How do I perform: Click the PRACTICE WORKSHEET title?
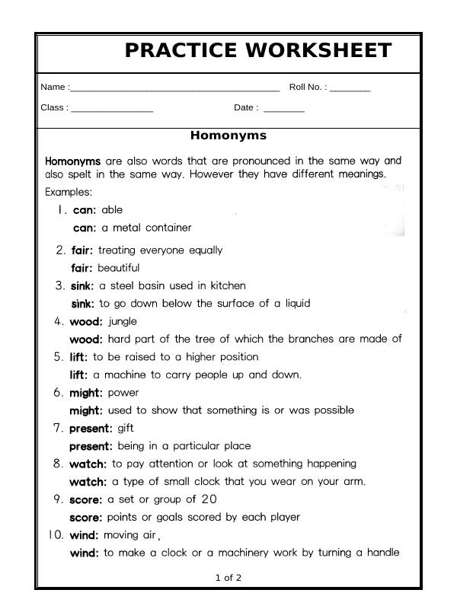(257, 51)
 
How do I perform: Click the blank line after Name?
(174, 89)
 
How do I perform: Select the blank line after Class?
(112, 110)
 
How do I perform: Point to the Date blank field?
(283, 110)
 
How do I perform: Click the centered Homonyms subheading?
(228, 136)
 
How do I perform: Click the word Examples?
(69, 192)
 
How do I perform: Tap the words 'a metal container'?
(146, 228)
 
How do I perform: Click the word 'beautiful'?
(118, 268)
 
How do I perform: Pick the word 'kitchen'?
(228, 286)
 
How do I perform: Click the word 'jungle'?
(122, 321)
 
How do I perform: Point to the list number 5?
(59, 357)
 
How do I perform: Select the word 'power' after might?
(123, 393)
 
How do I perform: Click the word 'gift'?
(125, 429)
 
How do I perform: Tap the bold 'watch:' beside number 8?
(88, 464)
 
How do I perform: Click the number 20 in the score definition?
(209, 499)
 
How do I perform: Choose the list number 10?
(56, 535)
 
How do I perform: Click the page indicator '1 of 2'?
(228, 578)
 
